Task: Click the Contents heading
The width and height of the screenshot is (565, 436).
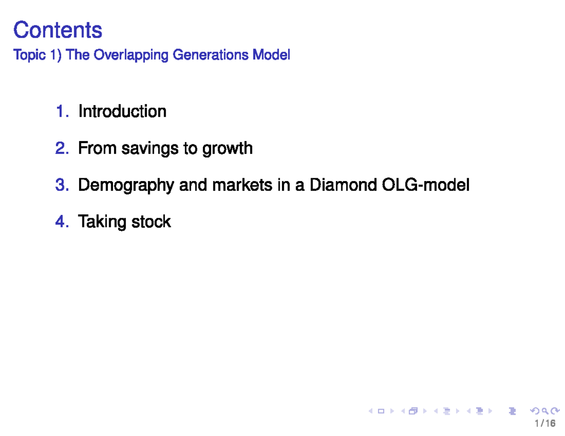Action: point(57,30)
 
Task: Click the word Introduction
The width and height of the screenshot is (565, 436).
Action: point(122,111)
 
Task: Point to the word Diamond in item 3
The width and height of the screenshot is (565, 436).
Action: point(342,185)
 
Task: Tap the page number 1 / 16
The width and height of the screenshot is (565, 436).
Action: point(545,424)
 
